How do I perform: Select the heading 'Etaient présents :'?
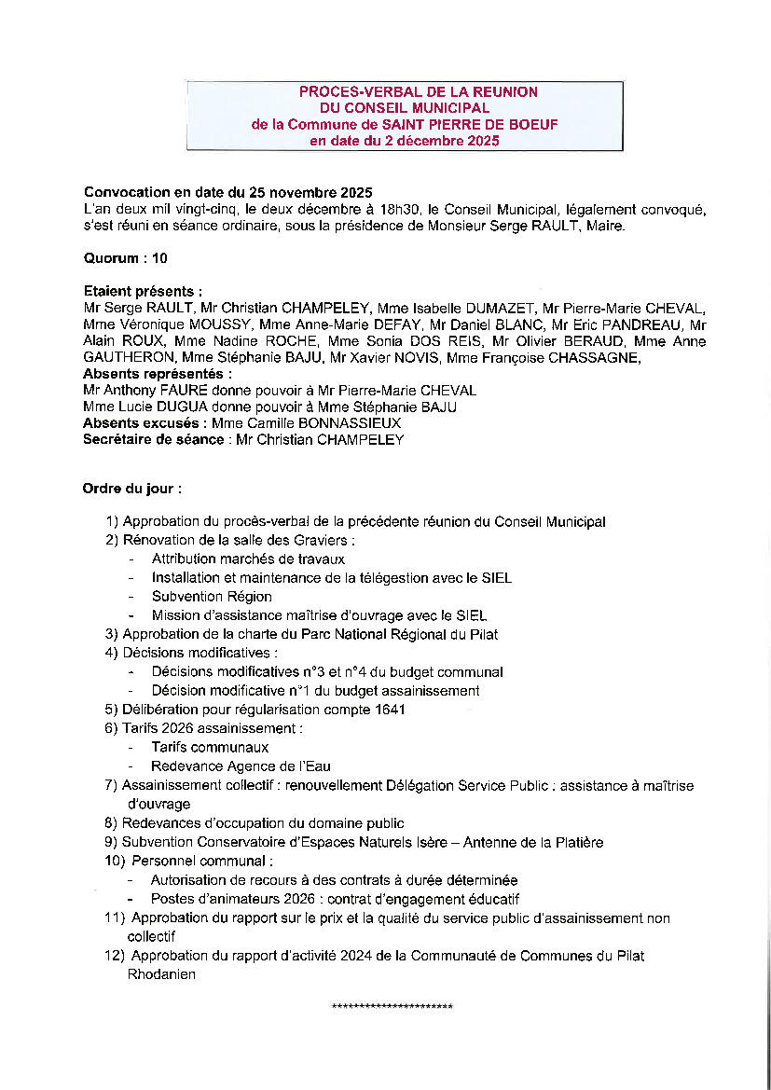click(143, 292)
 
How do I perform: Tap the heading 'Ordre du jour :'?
click(132, 488)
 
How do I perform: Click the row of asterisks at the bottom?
click(392, 1008)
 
